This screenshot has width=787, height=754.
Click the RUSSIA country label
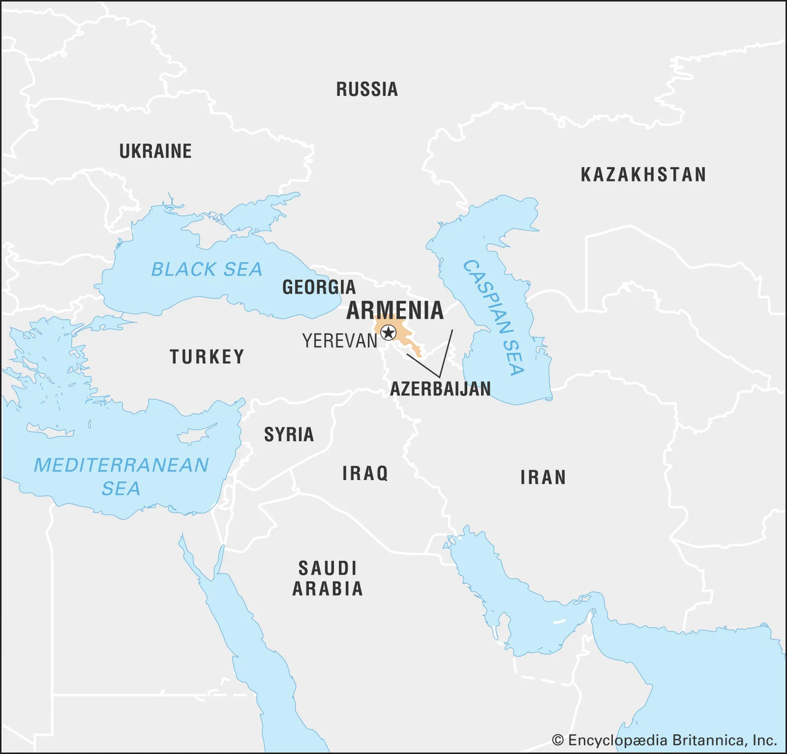click(x=367, y=90)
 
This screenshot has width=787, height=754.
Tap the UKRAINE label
click(x=155, y=151)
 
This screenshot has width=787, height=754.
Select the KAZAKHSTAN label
click(x=643, y=175)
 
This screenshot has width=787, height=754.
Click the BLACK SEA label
click(x=207, y=270)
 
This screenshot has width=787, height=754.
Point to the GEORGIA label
click(x=319, y=287)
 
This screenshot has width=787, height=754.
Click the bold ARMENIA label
click(x=395, y=310)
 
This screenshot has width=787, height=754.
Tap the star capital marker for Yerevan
click(x=389, y=333)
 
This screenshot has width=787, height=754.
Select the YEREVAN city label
click(x=339, y=341)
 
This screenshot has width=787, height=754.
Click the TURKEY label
click(x=207, y=357)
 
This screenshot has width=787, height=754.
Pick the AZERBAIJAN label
click(x=440, y=389)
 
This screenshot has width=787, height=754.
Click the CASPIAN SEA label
click(x=494, y=317)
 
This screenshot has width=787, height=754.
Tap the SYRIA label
click(x=289, y=435)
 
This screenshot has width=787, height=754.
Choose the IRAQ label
click(x=365, y=474)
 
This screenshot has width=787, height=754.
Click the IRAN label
click(x=543, y=478)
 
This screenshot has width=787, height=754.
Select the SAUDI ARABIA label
click(x=328, y=578)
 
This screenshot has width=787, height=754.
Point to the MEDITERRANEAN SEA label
click(x=121, y=476)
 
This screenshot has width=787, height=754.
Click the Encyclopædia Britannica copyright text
click(x=664, y=740)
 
